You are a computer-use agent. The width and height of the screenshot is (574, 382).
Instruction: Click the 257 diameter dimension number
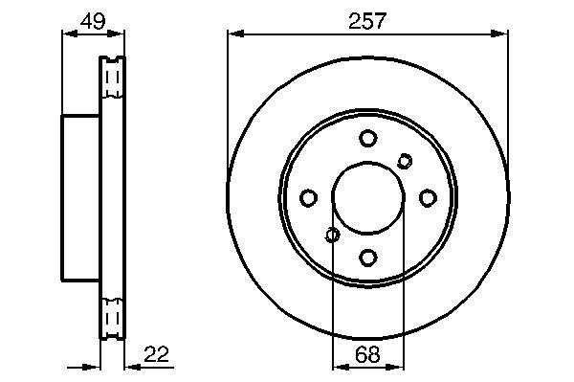coord(367,21)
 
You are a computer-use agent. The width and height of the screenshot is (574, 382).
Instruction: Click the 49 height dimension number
coord(93,21)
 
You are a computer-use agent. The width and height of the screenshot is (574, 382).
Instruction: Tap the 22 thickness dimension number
coord(156,354)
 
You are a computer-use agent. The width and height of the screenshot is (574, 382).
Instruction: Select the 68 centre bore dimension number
coord(367,354)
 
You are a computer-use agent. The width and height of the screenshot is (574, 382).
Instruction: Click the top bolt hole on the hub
coord(368,139)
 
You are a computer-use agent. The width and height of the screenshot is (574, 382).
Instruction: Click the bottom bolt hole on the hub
coord(368,258)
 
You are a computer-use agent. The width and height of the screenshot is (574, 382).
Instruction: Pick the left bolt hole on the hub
coord(308,198)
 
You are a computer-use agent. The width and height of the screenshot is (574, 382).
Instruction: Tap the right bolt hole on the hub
coord(428,198)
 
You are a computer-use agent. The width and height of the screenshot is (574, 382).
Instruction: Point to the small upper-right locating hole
coord(405,161)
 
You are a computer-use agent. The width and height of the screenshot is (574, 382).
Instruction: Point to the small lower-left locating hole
coord(332,235)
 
